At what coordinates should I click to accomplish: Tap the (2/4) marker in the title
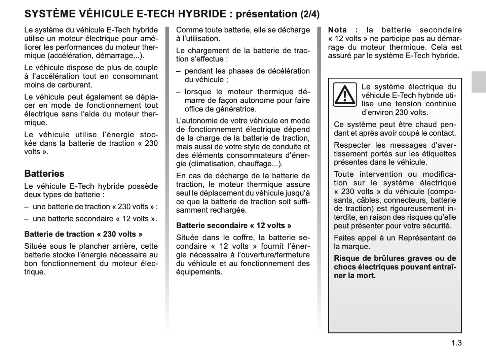[310, 14]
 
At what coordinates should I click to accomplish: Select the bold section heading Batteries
[44, 174]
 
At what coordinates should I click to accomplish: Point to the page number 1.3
[456, 343]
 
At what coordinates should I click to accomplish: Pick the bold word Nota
[337, 30]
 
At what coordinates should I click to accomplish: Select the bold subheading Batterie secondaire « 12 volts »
[234, 225]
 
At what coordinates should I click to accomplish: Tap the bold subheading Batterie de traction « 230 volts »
[83, 234]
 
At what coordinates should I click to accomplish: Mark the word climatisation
[212, 164]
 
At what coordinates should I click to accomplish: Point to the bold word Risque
[345, 258]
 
